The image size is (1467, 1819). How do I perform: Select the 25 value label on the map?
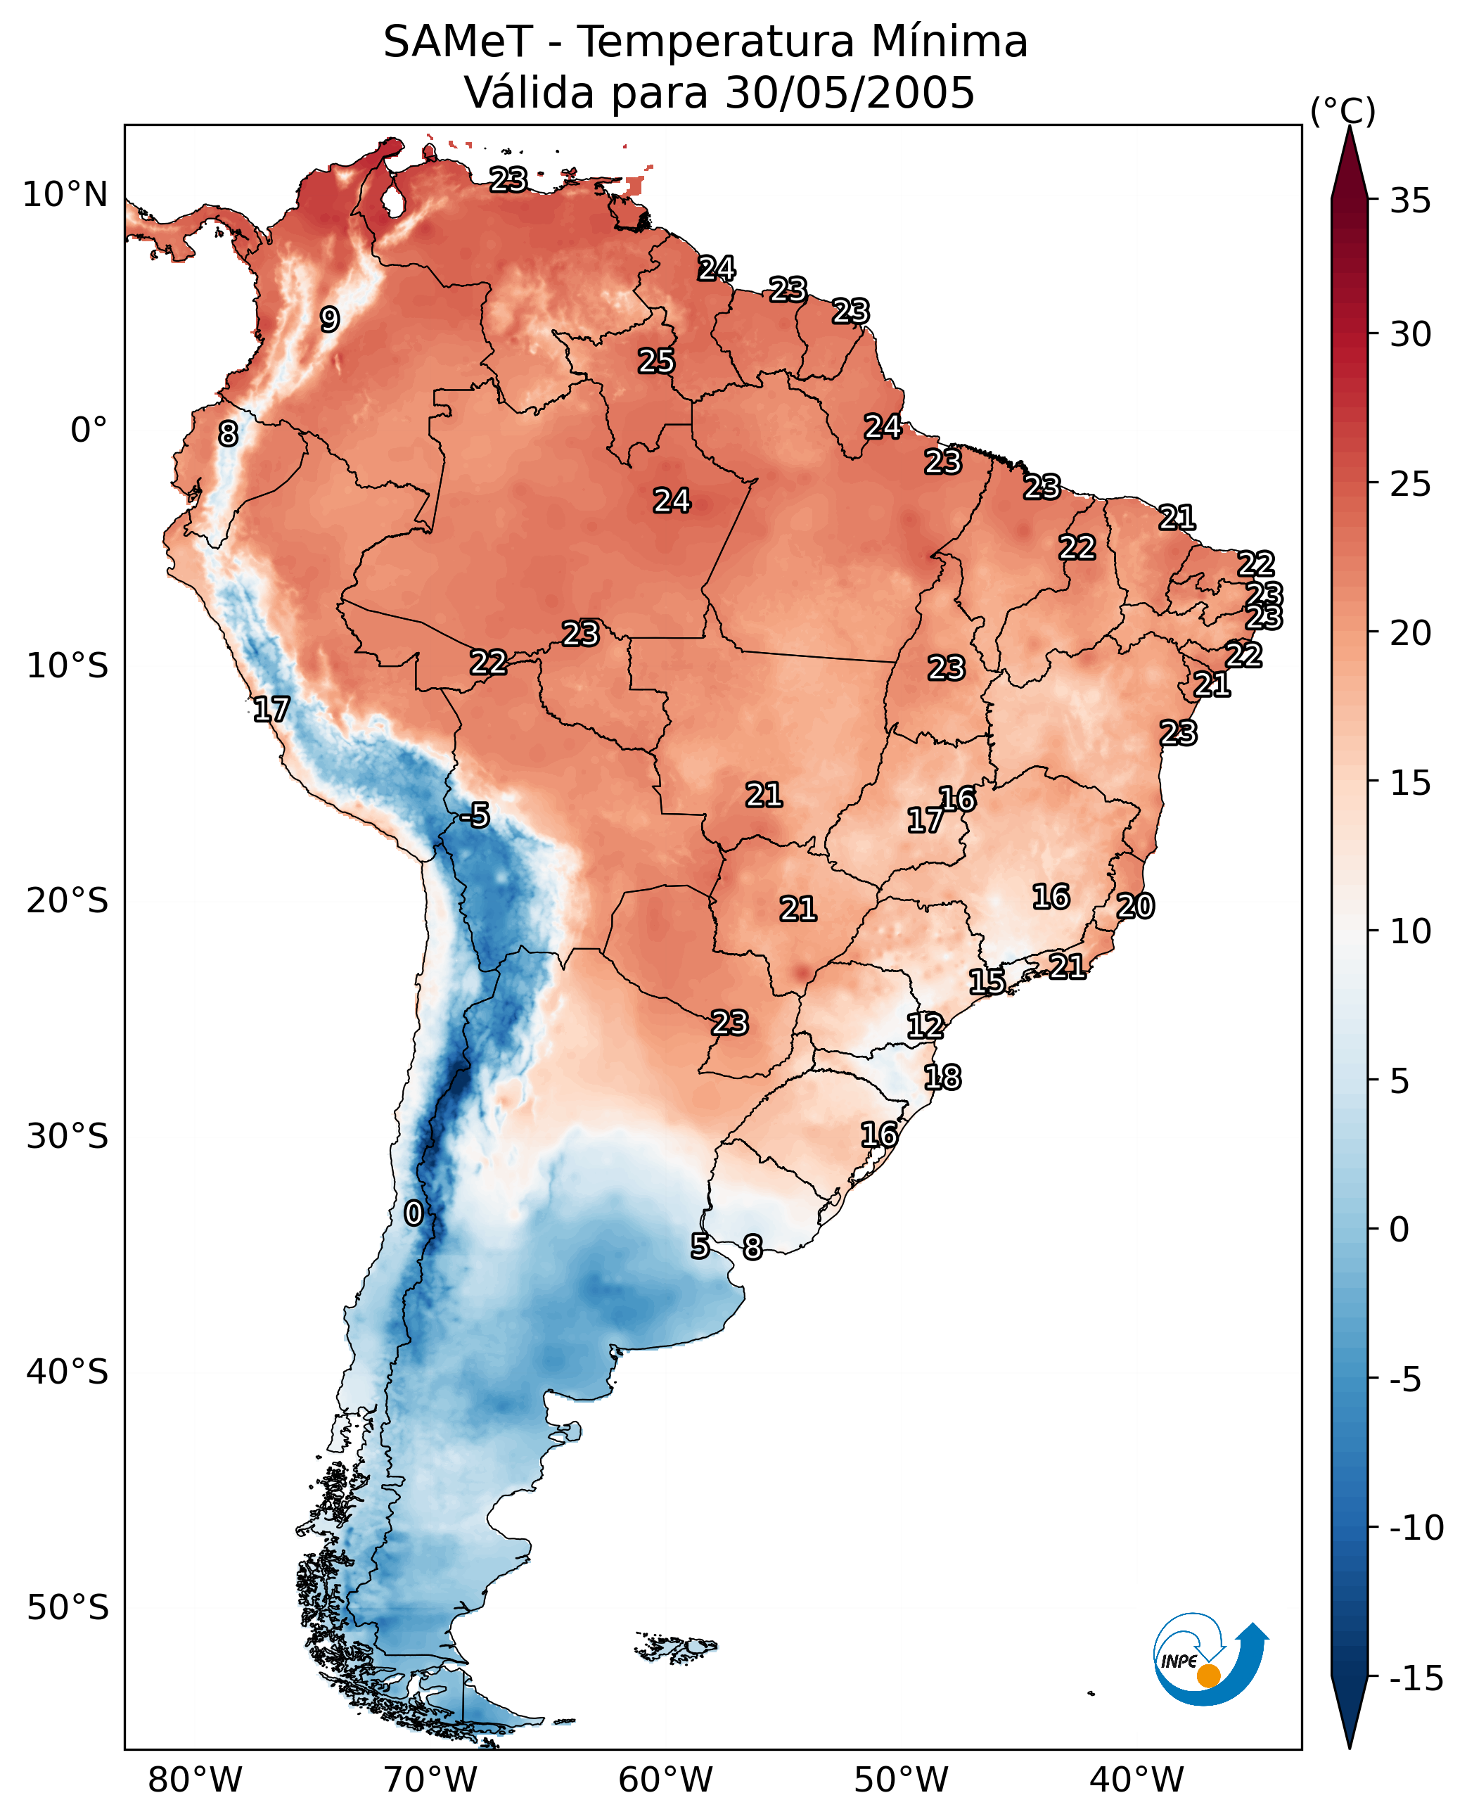point(655,362)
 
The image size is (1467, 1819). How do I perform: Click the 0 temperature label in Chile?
point(414,1214)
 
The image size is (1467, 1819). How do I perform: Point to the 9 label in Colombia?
point(330,319)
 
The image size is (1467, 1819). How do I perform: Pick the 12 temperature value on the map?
point(925,1026)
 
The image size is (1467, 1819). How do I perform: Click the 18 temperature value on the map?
point(942,1078)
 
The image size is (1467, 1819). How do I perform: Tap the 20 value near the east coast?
point(1135,907)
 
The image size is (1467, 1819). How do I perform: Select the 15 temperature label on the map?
point(986,982)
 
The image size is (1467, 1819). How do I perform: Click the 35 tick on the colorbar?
point(1410,201)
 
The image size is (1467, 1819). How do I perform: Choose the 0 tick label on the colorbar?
point(1399,1230)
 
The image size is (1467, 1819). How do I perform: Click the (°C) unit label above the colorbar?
point(1343,110)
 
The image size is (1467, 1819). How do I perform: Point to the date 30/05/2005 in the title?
point(850,93)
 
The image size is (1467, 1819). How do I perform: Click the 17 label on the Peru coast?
point(271,710)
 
